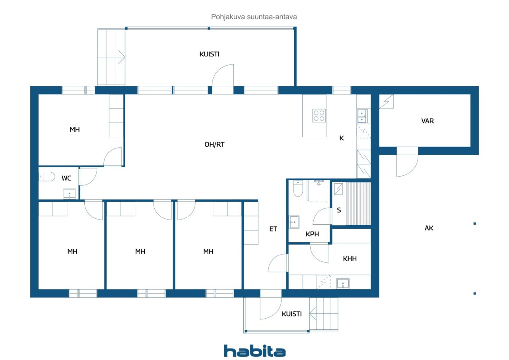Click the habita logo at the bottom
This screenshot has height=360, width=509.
pos(254,350)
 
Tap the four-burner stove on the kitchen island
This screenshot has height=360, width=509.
pos(319,115)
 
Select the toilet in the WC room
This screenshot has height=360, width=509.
pos(47,176)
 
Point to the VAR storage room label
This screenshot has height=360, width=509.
pos(427,121)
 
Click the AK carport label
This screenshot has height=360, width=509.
pos(429,228)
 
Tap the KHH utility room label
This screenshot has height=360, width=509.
pos(350,259)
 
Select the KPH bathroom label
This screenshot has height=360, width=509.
pos(312,234)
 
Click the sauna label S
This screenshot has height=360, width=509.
pos(339,210)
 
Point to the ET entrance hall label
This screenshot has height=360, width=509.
pos(273,229)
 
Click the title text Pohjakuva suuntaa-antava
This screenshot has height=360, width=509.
pos(254,17)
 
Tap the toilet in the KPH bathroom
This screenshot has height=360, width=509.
pos(298,189)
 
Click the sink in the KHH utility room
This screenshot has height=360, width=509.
pos(343,283)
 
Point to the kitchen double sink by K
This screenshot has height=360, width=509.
pos(362,116)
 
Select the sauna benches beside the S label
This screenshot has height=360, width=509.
pos(358,203)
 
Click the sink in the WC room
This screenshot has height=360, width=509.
pos(70,194)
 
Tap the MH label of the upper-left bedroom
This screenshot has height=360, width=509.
pos(75,129)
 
